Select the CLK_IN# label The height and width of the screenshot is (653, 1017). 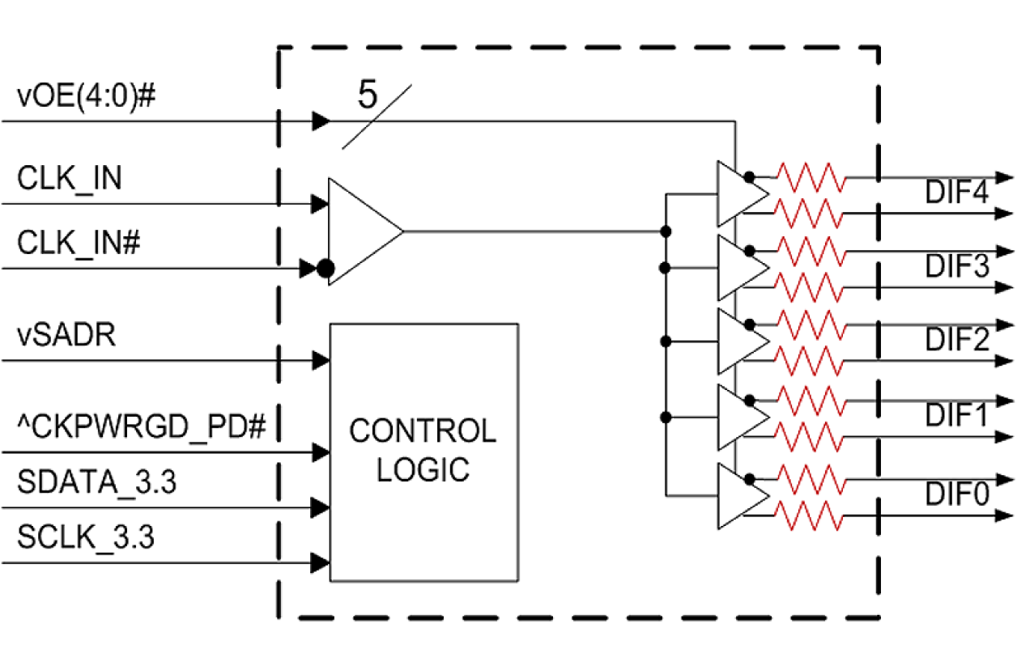click(79, 243)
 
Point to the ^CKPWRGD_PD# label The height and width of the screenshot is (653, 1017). click(143, 424)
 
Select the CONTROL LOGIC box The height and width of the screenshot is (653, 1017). click(423, 452)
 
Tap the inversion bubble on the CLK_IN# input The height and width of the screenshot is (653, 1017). click(325, 269)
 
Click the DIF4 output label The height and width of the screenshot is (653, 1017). click(957, 193)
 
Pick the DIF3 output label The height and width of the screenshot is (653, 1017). click(957, 267)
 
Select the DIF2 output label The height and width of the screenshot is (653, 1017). click(957, 341)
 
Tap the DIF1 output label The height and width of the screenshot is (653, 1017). click(957, 418)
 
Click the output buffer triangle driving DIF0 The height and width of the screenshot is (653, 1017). click(738, 496)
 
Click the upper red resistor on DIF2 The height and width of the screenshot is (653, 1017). click(811, 324)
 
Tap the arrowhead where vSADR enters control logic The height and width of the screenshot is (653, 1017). click(321, 358)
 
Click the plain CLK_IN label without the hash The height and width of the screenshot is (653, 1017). click(70, 178)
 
